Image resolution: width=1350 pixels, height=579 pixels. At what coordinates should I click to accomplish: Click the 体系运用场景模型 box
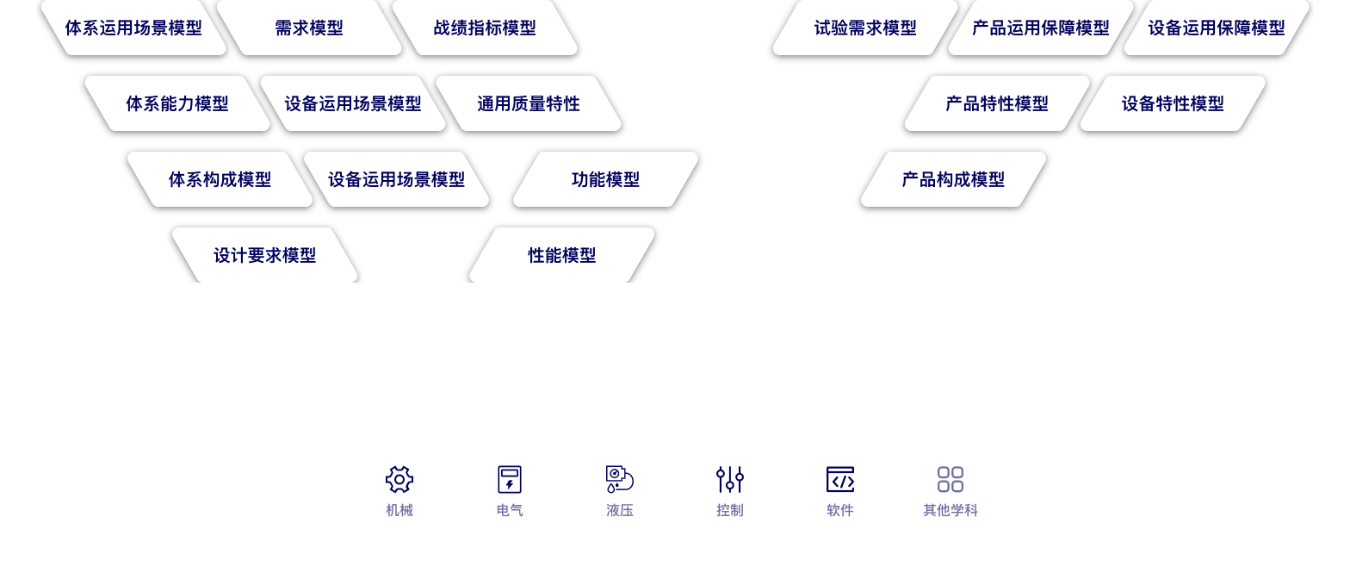tap(133, 28)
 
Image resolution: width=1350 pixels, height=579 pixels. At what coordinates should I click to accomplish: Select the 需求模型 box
tap(309, 28)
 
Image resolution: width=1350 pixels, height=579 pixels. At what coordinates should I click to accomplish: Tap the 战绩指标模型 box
tap(485, 28)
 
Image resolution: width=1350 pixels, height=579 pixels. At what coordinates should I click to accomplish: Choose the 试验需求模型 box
tap(865, 28)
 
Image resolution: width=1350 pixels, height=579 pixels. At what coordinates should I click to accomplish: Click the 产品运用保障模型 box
tap(1041, 28)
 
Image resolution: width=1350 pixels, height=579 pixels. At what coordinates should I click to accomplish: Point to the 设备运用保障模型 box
tap(1217, 28)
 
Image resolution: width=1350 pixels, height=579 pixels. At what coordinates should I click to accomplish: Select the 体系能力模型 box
tap(177, 103)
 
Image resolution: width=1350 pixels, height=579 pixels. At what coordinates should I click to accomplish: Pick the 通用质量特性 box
tap(529, 103)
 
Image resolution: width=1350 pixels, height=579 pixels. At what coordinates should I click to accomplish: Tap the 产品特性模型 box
tap(997, 103)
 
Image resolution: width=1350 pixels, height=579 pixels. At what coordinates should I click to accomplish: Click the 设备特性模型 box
tap(1173, 103)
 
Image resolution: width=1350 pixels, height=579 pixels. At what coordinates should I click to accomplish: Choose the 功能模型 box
tap(605, 179)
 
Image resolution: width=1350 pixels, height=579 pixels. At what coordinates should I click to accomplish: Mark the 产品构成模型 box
tap(953, 179)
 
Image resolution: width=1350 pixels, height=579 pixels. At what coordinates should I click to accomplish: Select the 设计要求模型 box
tap(264, 255)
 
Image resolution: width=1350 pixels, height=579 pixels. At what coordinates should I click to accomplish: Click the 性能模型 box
tap(561, 255)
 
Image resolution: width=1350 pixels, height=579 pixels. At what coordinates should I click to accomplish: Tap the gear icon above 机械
tap(399, 479)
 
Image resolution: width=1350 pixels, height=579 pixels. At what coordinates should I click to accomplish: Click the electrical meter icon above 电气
tap(510, 479)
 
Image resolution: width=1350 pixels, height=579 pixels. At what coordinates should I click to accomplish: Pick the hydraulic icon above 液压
tap(620, 479)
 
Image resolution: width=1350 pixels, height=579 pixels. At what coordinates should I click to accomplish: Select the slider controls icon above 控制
tap(730, 479)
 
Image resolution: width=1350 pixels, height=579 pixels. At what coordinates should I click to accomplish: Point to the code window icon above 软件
tap(840, 479)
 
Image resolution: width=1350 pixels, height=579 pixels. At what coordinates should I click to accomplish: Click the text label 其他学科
tap(951, 510)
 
